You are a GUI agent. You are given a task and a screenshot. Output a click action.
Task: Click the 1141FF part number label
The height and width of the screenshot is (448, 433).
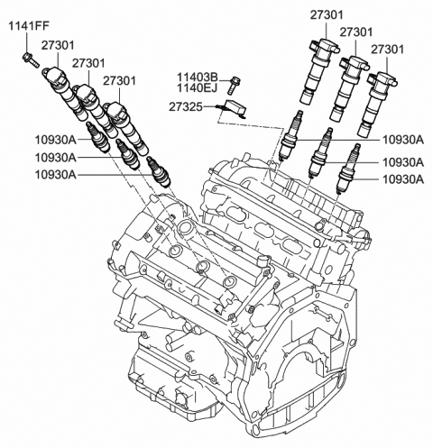pyautogui.click(x=27, y=26)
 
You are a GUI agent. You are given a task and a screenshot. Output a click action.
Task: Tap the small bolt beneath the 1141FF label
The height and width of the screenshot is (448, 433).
pyautogui.click(x=28, y=60)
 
